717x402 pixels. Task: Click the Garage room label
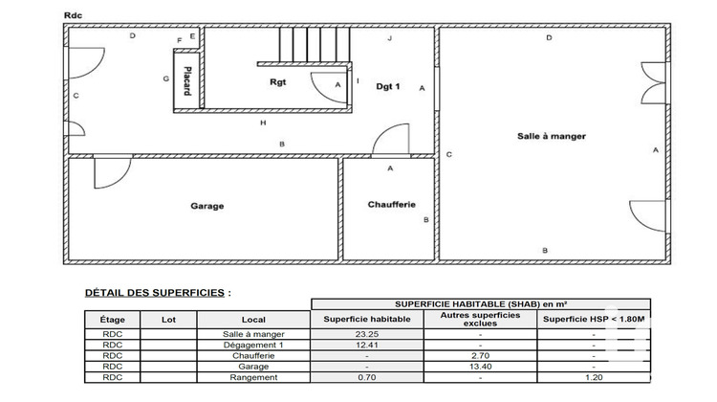206,206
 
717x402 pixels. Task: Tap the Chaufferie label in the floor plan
390,205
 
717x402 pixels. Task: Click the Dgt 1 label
387,86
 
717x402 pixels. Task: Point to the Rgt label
280,82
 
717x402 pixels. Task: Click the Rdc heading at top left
73,14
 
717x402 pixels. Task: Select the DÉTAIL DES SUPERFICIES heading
157,292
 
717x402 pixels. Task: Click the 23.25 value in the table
368,333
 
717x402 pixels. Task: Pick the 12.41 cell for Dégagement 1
368,345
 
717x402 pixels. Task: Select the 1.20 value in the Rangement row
594,378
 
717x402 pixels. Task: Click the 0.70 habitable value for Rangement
368,378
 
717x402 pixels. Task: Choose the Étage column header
112,319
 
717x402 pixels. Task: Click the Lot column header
169,319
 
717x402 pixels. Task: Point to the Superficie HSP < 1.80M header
594,319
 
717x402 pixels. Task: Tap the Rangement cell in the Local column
254,378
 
